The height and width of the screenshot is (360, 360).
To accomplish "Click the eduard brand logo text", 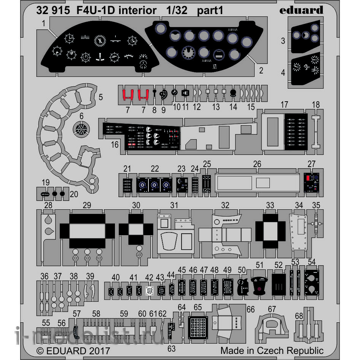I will tap(301, 10).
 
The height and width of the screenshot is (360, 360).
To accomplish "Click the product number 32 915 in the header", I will tap(53, 11).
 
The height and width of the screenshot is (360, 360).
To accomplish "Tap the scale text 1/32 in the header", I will tap(177, 11).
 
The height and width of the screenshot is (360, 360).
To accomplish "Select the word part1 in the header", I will tap(210, 11).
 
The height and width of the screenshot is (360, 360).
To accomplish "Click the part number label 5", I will tap(100, 97).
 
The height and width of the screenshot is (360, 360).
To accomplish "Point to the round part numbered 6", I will tap(81, 129).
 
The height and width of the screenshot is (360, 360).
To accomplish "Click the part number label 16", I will tap(115, 145).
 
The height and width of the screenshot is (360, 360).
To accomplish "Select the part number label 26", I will tap(257, 164).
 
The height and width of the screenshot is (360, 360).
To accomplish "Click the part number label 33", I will tap(270, 205).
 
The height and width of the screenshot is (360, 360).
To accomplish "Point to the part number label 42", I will tap(149, 278).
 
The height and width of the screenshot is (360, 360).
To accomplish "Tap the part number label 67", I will tap(271, 309).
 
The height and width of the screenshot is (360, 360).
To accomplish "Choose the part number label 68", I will tap(299, 315).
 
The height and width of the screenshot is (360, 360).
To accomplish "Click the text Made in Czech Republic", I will tap(272, 350).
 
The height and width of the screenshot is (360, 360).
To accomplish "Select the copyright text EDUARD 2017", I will tap(73, 350).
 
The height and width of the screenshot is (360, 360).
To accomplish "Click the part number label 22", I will tap(155, 169).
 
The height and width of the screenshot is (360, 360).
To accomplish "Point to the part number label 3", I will tap(283, 40).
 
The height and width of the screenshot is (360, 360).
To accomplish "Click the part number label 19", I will tap(46, 182).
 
